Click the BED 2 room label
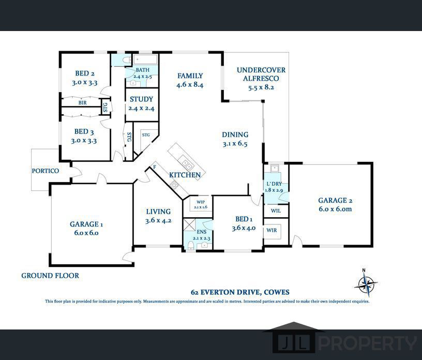85,73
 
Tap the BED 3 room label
85,132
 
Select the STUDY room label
141,99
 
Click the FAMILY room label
190,76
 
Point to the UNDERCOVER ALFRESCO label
261,74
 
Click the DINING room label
235,135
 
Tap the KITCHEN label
185,175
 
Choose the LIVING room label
158,212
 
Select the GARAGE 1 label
87,224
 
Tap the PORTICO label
46,171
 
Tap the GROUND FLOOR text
50,276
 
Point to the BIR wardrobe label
83,103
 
